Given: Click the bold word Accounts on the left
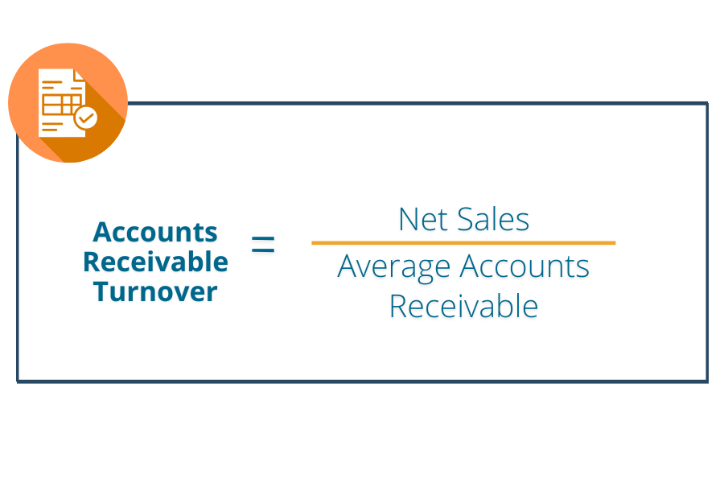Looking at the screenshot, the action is click(155, 232).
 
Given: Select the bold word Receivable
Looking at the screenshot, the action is click(155, 262).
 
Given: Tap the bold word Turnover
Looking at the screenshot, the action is click(155, 291).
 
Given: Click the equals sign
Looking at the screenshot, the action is click(263, 244).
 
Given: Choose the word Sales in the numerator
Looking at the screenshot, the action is click(493, 219).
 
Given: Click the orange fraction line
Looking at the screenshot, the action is click(463, 242).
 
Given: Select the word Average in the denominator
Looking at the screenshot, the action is click(394, 267).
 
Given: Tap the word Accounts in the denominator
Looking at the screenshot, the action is click(524, 266).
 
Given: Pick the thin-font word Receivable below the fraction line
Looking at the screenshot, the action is click(463, 306).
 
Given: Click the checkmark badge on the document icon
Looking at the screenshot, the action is click(85, 118).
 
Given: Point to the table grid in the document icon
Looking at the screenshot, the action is click(61, 105).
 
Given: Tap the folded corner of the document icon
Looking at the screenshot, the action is click(79, 76).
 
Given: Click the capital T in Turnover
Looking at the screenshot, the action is click(101, 291).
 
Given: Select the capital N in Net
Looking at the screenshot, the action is click(409, 219).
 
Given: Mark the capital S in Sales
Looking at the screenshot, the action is click(465, 219).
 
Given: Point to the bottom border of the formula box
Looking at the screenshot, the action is click(363, 382).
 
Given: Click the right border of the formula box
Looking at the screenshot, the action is click(707, 242).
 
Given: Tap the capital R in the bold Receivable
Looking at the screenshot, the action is click(92, 262).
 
